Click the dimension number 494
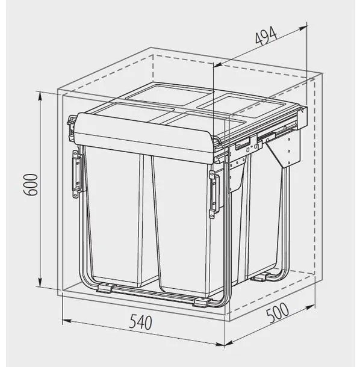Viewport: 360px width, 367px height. (x=266, y=36)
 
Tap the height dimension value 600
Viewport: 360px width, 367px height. (x=30, y=185)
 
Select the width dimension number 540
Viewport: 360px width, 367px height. (x=140, y=322)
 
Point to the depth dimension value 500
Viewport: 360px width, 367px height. (x=278, y=313)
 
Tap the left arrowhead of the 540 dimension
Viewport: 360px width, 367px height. (x=66, y=321)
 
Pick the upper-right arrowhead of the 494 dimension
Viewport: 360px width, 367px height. (x=303, y=28)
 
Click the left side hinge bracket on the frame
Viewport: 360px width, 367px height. (x=76, y=174)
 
